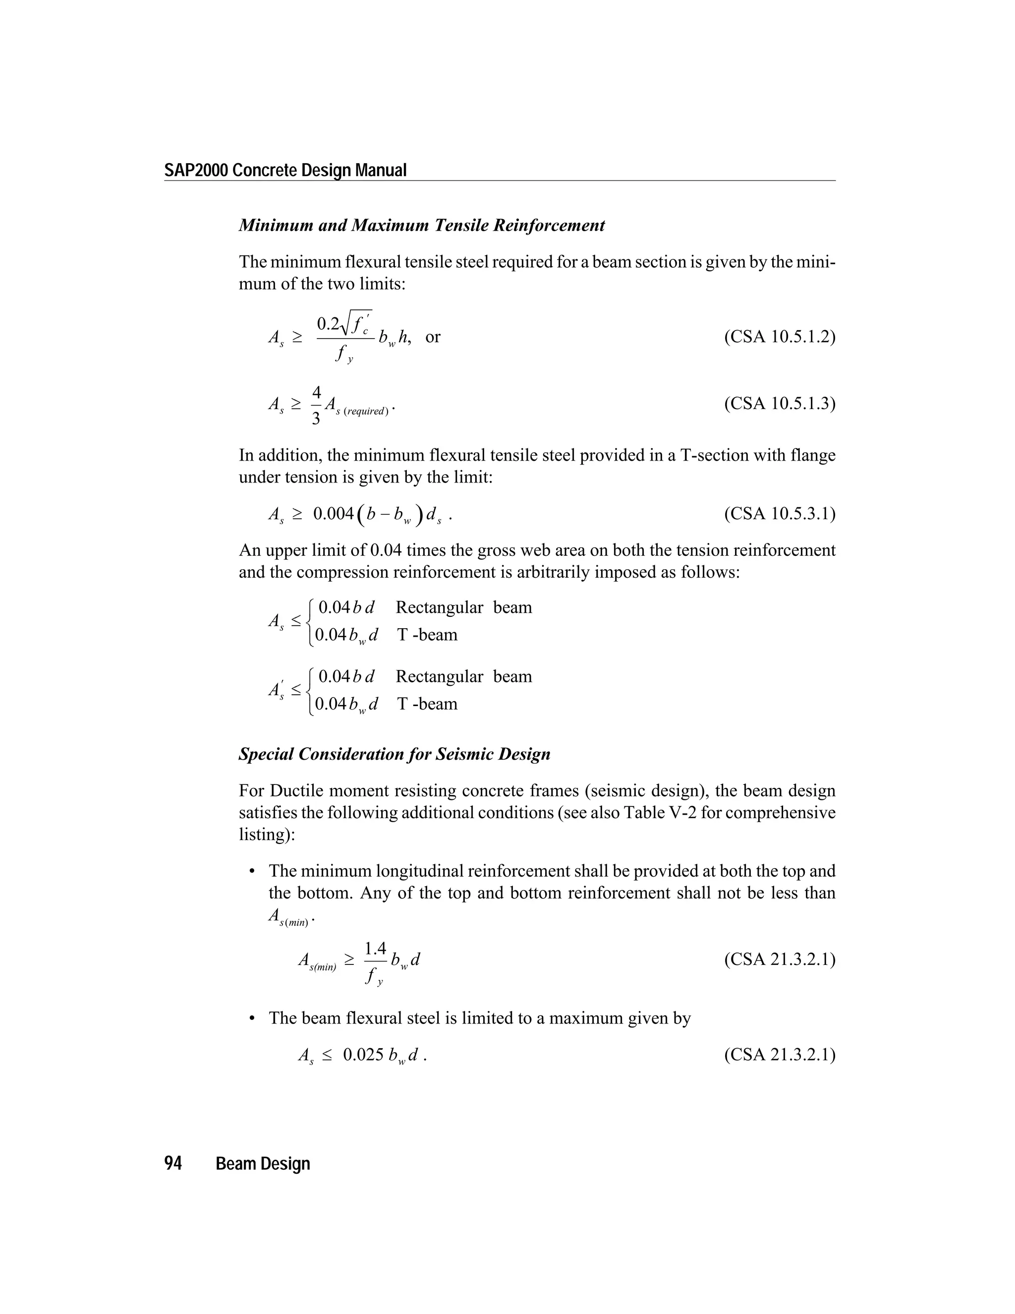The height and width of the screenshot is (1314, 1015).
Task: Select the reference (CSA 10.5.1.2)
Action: coord(779,336)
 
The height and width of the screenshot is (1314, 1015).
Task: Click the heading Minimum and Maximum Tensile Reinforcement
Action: coord(422,226)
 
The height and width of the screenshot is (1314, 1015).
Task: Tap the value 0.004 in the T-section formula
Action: coord(333,514)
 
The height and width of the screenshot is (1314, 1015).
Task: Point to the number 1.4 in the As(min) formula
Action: coord(375,949)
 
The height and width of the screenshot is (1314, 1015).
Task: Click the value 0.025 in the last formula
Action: coord(363,1055)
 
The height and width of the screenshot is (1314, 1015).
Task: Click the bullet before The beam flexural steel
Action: coord(253,1018)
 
